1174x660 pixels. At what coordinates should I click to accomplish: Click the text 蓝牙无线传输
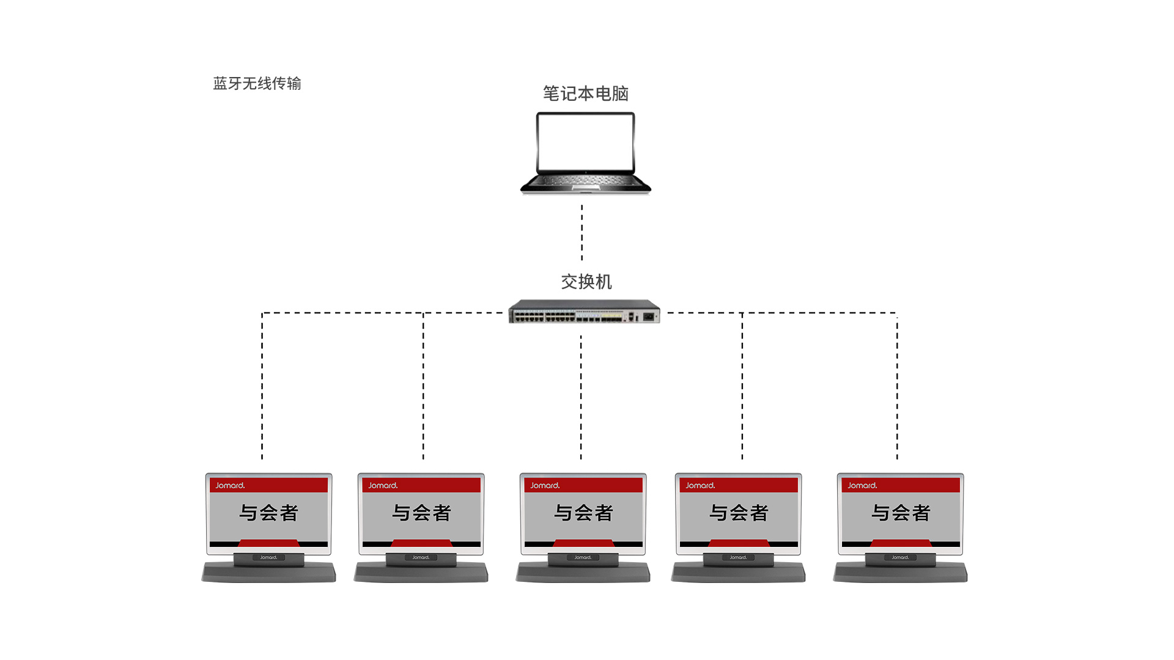point(257,83)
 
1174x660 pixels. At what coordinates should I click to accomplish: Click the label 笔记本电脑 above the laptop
point(585,94)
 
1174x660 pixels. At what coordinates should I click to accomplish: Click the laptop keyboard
point(585,182)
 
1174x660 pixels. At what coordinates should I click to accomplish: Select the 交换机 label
point(586,282)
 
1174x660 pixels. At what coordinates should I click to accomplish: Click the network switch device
point(584,312)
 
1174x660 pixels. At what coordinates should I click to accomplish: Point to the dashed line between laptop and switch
point(581,232)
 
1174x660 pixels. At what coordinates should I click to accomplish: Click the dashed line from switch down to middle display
point(581,397)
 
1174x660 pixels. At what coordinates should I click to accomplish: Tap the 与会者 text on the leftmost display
point(268,513)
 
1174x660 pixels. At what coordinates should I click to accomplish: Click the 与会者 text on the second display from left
point(421,513)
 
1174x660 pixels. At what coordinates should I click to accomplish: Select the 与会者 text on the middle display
point(583,513)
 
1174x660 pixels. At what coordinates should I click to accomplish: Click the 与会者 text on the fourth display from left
point(739,513)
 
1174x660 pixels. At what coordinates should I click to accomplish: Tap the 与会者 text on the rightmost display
point(901,513)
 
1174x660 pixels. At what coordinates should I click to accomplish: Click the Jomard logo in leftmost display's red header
point(230,485)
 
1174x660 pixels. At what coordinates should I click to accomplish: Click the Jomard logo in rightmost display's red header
point(862,485)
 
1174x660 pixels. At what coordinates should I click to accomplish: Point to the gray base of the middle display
point(583,573)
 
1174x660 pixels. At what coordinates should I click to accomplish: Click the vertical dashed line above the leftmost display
point(262,391)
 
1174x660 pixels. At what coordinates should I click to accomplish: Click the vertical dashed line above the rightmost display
point(897,391)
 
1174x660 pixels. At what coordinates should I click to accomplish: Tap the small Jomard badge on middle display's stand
point(583,557)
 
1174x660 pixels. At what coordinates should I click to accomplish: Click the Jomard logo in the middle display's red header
point(545,485)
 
